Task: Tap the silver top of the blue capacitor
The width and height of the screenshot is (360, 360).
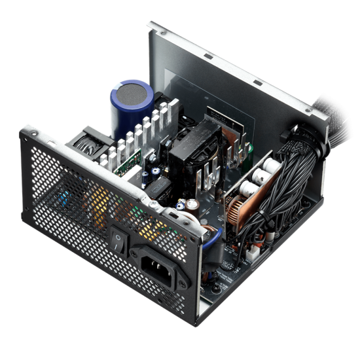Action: pos(135,92)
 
